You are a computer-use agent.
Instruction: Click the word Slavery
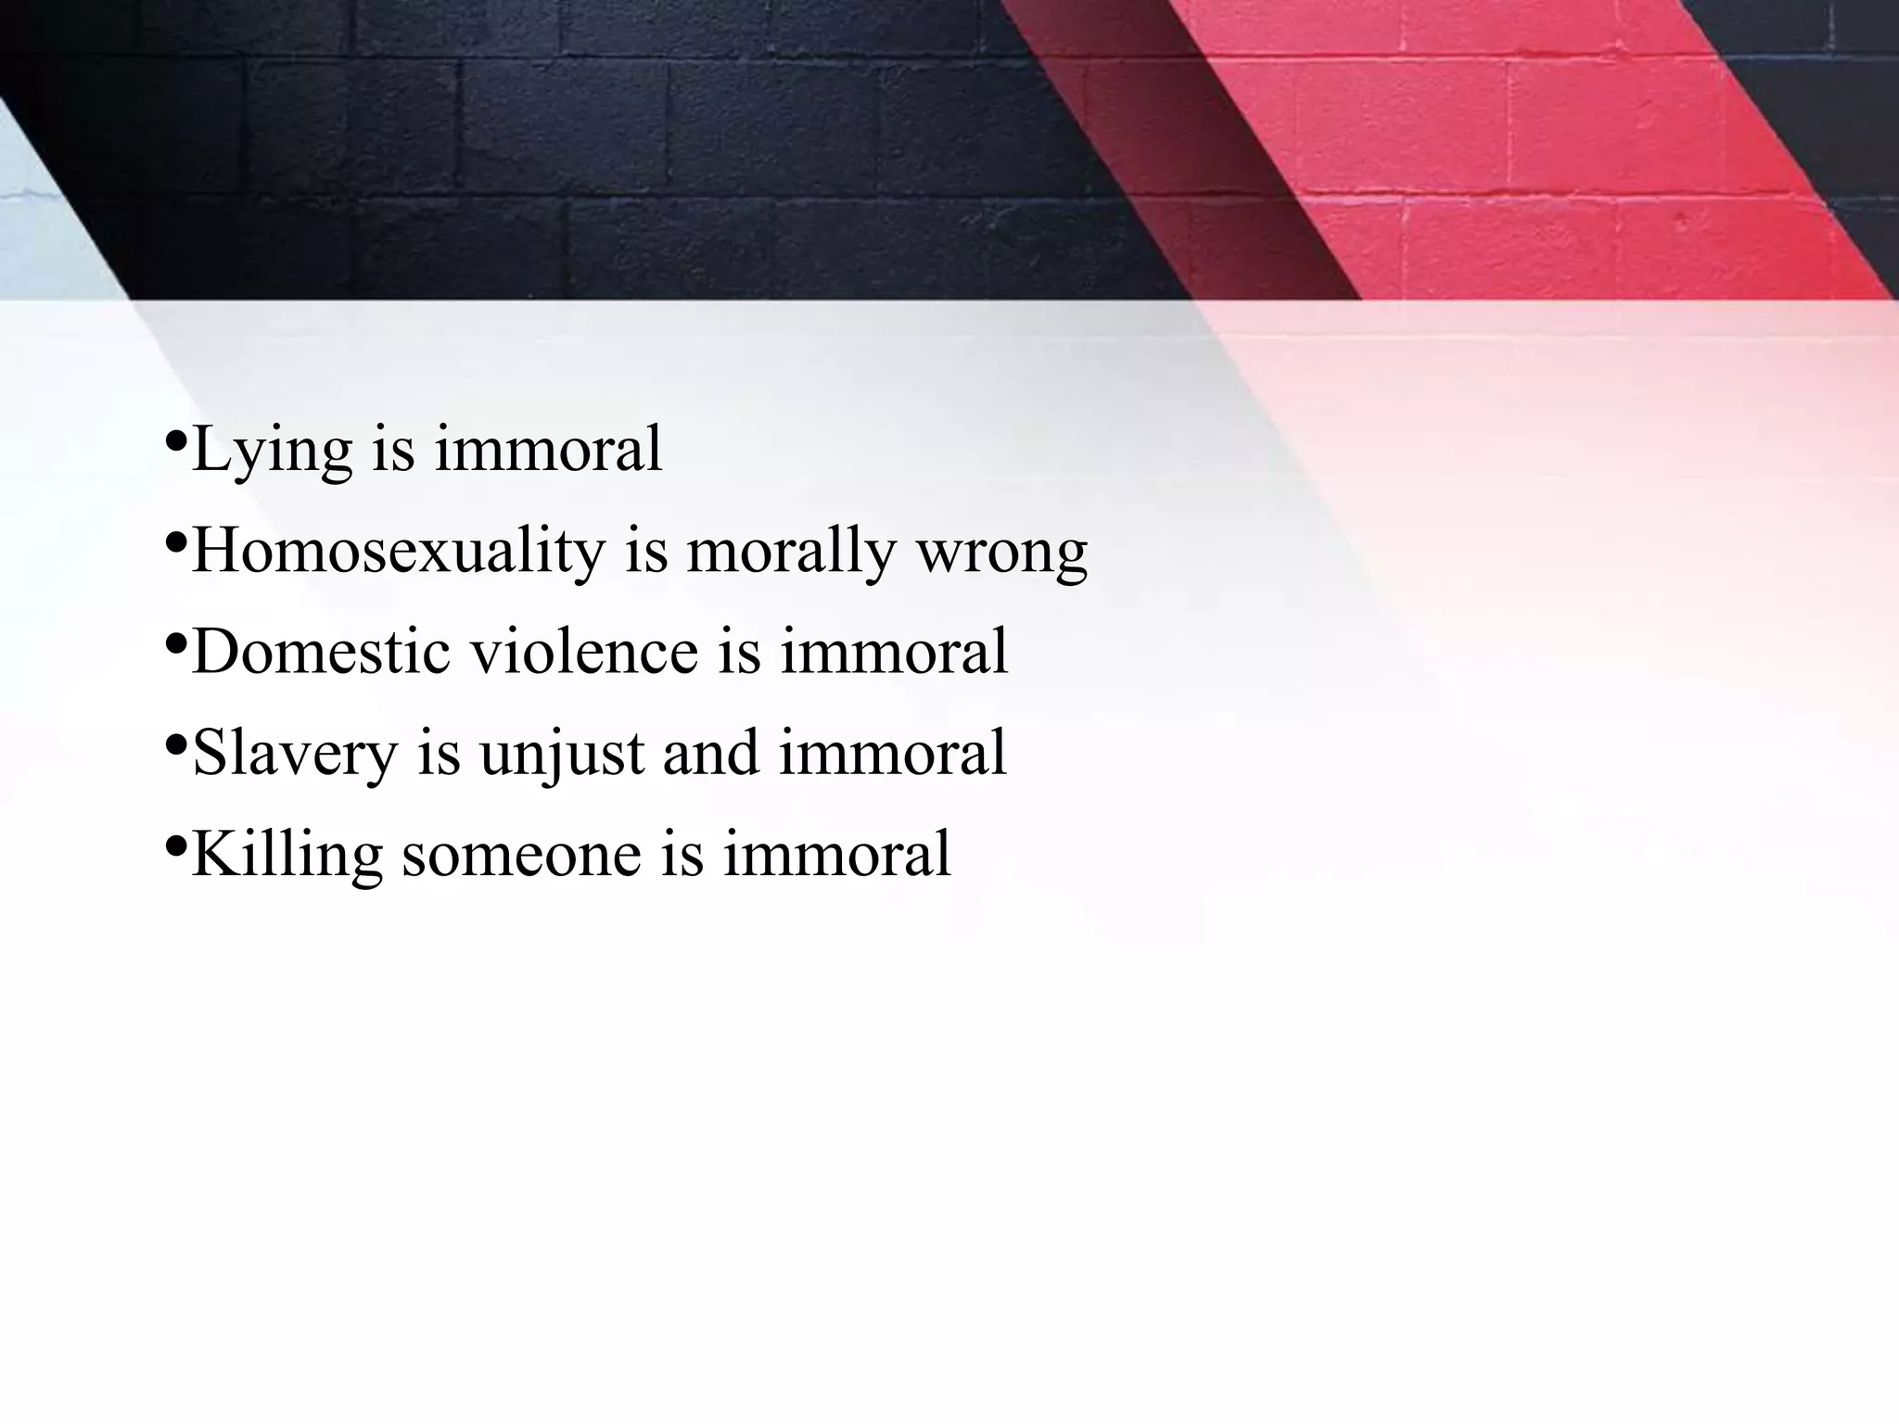click(295, 755)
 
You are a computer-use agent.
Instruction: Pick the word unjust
click(561, 755)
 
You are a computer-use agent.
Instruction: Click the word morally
click(791, 553)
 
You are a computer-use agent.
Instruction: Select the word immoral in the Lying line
click(549, 450)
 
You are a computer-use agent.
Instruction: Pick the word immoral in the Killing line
click(837, 855)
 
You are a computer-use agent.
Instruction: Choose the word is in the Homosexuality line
click(646, 551)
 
